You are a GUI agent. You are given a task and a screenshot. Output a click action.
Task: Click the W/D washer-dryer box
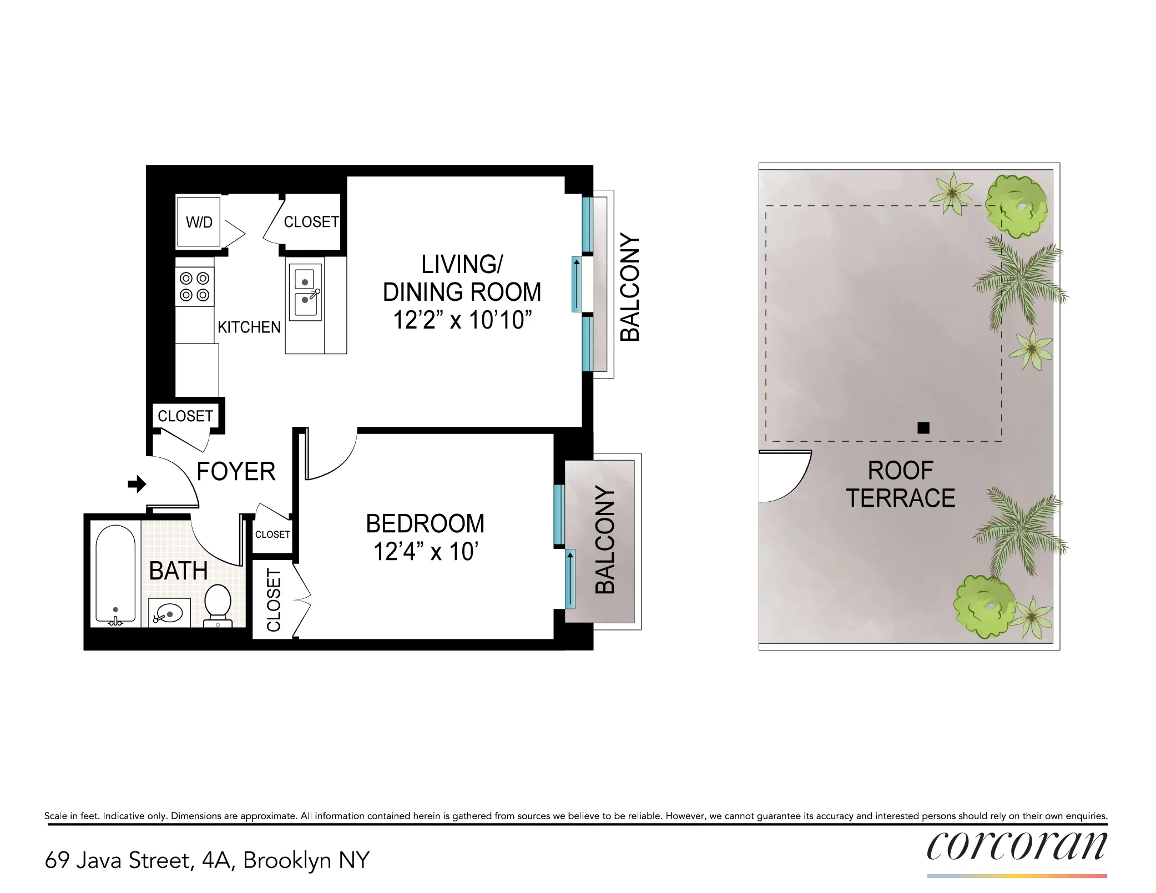(198, 222)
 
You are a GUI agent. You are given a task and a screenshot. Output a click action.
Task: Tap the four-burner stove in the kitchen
(195, 286)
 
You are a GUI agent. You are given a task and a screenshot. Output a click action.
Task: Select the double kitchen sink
(305, 292)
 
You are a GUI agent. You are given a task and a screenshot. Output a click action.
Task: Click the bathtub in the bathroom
(115, 574)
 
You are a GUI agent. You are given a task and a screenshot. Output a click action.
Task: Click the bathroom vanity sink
(169, 613)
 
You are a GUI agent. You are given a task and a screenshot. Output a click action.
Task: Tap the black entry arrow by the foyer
(137, 484)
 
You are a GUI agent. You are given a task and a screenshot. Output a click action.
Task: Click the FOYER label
(236, 472)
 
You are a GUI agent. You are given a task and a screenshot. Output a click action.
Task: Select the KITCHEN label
(249, 327)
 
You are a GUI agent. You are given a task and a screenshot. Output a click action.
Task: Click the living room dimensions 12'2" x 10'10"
(462, 320)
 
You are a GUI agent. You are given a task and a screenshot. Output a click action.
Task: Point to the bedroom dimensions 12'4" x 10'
(426, 552)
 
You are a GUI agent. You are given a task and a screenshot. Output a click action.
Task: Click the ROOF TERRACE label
(900, 485)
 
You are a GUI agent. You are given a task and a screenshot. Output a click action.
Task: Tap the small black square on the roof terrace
(923, 427)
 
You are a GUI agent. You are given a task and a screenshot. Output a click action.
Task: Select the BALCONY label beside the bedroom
(605, 539)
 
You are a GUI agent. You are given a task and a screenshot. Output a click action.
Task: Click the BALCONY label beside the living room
(630, 287)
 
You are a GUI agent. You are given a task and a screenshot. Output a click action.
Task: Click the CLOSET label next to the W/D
(311, 222)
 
